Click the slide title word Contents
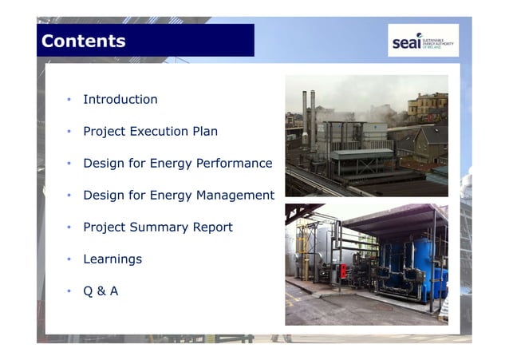click(83, 41)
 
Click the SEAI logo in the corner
click(423, 40)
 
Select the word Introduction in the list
click(120, 100)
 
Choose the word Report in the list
click(213, 227)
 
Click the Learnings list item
click(112, 259)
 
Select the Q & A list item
click(101, 291)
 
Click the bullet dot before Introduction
click(69, 100)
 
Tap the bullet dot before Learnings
click(69, 259)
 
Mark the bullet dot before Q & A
click(69, 291)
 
